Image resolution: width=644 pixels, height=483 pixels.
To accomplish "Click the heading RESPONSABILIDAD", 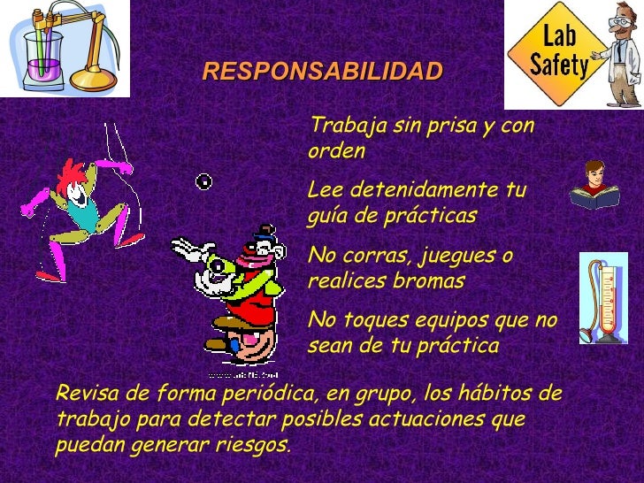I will pos(322,72).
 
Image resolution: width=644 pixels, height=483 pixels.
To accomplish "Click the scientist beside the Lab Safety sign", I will pos(620,53).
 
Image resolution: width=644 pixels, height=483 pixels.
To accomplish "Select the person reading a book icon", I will pos(594,185).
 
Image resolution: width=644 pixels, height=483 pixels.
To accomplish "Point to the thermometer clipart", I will pos(603,299).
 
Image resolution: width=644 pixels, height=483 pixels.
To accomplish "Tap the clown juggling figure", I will pos(237,292).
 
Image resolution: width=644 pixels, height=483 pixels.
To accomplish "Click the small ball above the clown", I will pos(203,182).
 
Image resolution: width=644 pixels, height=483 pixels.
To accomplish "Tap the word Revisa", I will pos(80,393).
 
